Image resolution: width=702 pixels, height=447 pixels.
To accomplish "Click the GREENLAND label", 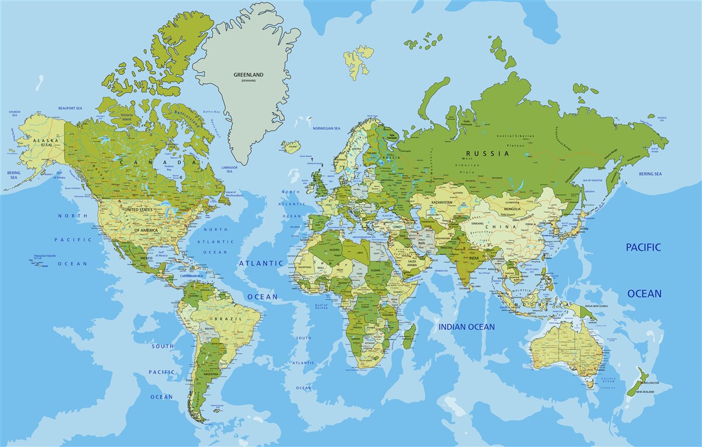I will (249, 75).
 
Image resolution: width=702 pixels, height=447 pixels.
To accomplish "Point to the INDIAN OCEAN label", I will (467, 327).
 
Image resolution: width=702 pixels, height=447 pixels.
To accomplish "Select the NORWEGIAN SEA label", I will (326, 128).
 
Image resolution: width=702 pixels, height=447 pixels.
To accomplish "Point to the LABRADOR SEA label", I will (229, 169).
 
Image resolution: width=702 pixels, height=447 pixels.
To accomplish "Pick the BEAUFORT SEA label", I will (70, 108).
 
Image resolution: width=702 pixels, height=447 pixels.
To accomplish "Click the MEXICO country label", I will (146, 258).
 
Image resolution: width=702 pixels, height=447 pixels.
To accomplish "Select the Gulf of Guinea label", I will (321, 307).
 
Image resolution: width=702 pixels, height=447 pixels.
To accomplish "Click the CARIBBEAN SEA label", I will (191, 275).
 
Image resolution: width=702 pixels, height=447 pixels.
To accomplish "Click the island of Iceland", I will (291, 146).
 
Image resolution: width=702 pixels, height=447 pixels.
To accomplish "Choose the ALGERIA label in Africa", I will (334, 250).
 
